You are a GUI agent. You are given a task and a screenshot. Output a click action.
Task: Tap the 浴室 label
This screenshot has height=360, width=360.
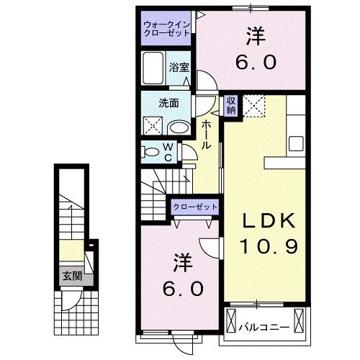click(180, 68)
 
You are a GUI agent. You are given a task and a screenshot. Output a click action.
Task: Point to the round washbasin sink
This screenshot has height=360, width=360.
click(178, 127)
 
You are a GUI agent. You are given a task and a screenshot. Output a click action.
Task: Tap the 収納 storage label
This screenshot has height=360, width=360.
click(230, 106)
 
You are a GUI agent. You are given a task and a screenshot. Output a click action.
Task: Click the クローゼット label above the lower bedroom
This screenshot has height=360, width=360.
click(194, 207)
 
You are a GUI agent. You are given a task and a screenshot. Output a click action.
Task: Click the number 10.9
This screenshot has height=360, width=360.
click(264, 248)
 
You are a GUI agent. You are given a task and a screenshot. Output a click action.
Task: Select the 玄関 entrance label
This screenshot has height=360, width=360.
click(71, 276)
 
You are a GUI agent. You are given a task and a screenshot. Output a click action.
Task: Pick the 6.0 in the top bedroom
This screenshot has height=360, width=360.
click(256, 63)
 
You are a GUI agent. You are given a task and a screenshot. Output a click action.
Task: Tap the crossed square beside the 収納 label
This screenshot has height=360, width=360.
click(254, 106)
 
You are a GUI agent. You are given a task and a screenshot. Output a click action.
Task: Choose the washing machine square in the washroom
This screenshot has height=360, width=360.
click(153, 127)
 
